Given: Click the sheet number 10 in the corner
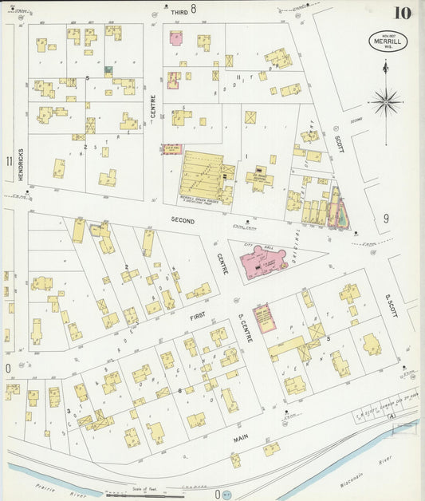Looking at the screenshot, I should (x=402, y=13).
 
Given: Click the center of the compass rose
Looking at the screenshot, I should (x=386, y=101).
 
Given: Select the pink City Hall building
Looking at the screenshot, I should (x=264, y=260).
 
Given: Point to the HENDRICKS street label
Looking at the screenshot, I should (x=19, y=164).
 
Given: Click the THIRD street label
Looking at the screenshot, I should (x=179, y=13).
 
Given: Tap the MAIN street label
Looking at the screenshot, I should (x=240, y=438).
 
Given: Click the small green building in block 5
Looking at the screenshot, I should (x=107, y=70).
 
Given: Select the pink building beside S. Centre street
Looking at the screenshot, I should (x=262, y=316).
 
